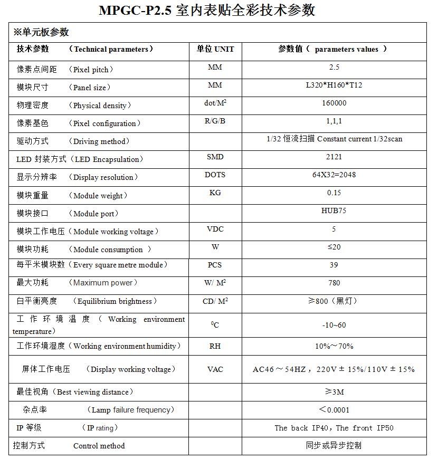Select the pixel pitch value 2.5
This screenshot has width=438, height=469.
click(x=334, y=67)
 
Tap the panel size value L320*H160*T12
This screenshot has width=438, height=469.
click(x=334, y=85)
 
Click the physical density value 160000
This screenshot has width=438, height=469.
click(x=334, y=103)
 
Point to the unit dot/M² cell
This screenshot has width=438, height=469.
click(x=215, y=103)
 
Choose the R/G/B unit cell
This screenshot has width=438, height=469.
click(x=215, y=121)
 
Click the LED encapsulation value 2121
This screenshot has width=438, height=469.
click(x=334, y=157)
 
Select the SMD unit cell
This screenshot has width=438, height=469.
click(x=215, y=157)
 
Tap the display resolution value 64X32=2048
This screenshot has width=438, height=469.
click(x=334, y=175)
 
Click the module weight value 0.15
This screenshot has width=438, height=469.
click(x=334, y=193)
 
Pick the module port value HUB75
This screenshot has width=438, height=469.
click(x=334, y=210)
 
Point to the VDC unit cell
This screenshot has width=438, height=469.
click(x=215, y=229)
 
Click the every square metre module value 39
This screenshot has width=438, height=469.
click(x=334, y=265)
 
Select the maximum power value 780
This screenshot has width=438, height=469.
click(x=334, y=283)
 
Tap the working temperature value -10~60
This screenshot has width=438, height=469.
click(x=334, y=325)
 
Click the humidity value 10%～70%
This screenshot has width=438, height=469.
click(x=334, y=346)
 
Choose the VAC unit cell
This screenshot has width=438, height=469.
click(x=215, y=369)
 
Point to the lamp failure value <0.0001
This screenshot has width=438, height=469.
click(x=334, y=409)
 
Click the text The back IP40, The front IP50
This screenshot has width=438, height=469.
click(x=334, y=428)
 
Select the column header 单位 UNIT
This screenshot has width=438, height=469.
click(x=215, y=49)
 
